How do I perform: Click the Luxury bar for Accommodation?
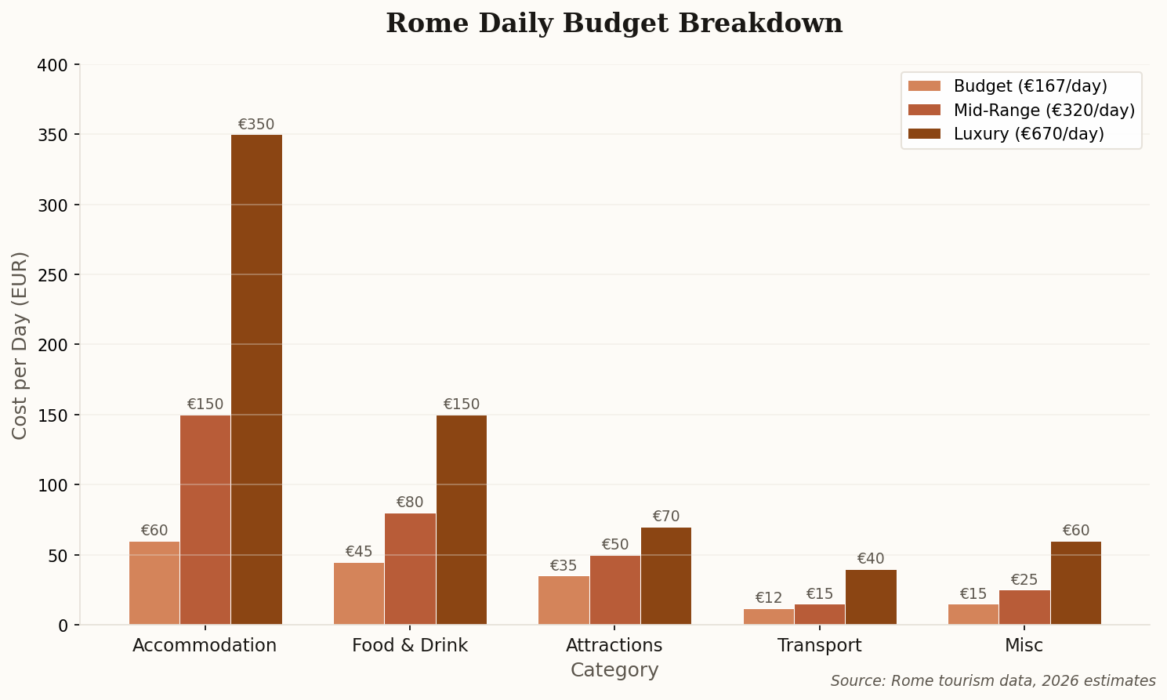(x=256, y=379)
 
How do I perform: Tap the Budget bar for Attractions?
(x=564, y=600)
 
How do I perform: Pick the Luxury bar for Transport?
(x=871, y=597)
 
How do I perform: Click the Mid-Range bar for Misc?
(x=1024, y=608)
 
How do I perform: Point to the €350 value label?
(x=256, y=125)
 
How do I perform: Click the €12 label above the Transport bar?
(x=768, y=598)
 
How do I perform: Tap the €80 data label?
(x=410, y=502)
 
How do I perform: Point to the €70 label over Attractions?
(x=666, y=517)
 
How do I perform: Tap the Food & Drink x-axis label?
(x=410, y=646)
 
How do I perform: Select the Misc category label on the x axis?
(x=1024, y=646)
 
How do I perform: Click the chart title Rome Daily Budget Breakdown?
(x=614, y=24)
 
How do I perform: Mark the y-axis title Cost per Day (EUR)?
(x=20, y=345)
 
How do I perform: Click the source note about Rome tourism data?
(x=993, y=681)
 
